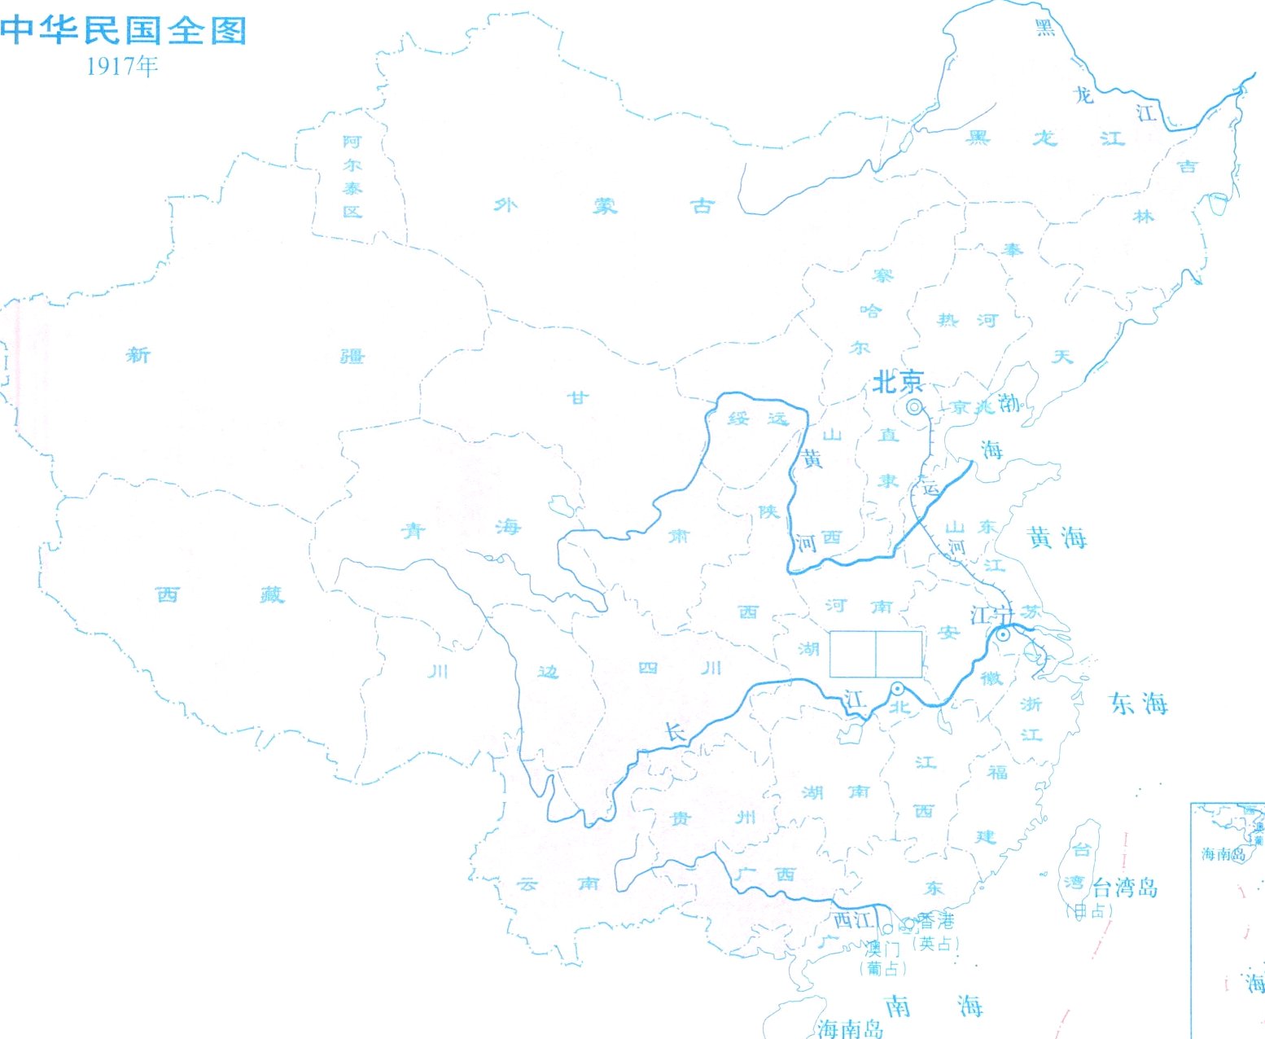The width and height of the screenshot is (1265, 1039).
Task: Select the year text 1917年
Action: (122, 66)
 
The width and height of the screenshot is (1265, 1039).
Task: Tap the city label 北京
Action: (898, 381)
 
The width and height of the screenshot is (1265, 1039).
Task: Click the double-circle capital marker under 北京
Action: (915, 407)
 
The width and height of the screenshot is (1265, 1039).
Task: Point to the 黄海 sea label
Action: (1057, 537)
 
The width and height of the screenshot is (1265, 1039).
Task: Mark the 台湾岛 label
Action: (1125, 887)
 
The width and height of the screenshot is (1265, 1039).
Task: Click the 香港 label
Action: (936, 921)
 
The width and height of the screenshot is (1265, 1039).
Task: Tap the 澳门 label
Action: (883, 948)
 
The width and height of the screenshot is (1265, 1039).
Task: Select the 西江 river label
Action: (853, 920)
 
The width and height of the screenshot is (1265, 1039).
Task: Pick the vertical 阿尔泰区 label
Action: (352, 177)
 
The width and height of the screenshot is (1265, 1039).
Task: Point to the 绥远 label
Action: (758, 419)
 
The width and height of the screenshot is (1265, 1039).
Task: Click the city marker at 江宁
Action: (1004, 634)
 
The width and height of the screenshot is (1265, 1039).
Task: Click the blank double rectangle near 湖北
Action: (876, 654)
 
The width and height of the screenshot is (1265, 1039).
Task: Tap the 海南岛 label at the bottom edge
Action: (851, 1028)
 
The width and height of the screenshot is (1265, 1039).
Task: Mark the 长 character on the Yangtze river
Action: (676, 732)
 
